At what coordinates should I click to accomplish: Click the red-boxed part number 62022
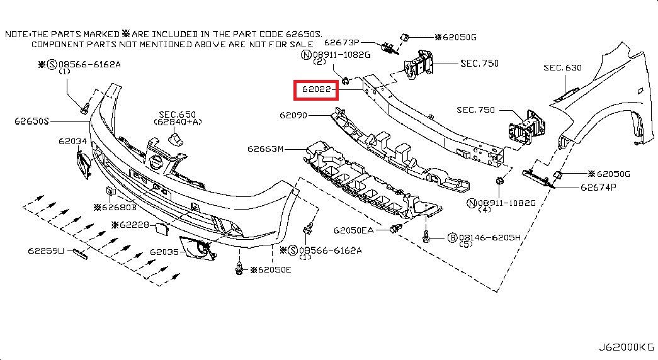tap(317, 90)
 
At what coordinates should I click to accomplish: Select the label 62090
tap(293, 115)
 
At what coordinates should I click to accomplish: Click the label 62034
tap(72, 142)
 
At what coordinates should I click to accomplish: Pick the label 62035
tap(163, 252)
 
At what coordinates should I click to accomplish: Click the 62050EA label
tap(354, 230)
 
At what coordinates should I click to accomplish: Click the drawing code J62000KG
tap(626, 347)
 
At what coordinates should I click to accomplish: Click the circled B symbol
tap(452, 237)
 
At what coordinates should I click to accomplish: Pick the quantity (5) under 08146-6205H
tap(467, 244)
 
